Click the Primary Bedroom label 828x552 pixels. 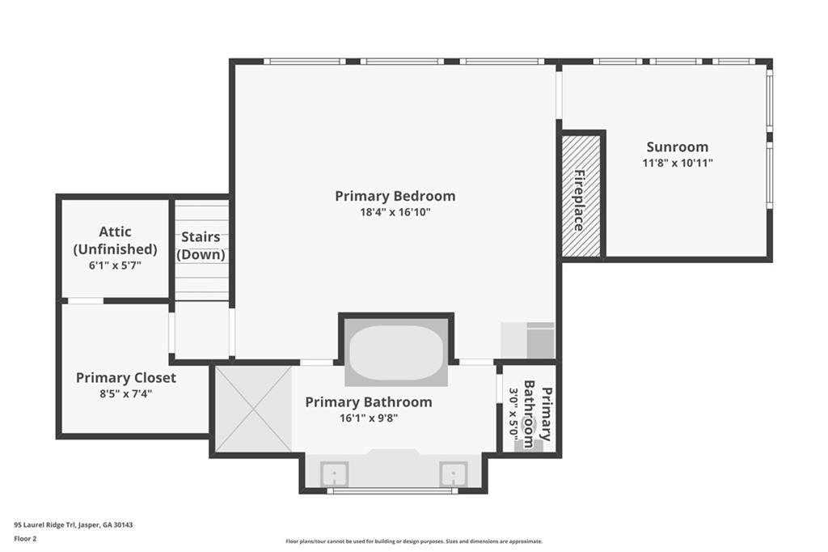tap(395, 196)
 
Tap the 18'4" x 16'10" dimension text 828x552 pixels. tap(395, 212)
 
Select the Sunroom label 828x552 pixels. tap(677, 146)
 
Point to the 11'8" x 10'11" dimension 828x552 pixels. tap(677, 162)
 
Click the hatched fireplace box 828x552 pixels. tap(581, 195)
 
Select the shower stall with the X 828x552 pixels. tap(253, 409)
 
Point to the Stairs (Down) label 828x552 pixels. tap(201, 245)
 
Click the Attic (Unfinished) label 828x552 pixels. tap(115, 240)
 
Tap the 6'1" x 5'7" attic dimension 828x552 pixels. tap(115, 265)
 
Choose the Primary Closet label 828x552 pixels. tap(125, 377)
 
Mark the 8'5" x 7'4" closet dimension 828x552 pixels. tap(125, 393)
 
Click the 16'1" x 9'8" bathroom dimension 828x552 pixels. tap(368, 418)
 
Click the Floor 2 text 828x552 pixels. tap(26, 537)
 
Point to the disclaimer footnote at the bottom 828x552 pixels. tap(413, 541)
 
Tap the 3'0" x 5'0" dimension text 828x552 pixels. tap(512, 414)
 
